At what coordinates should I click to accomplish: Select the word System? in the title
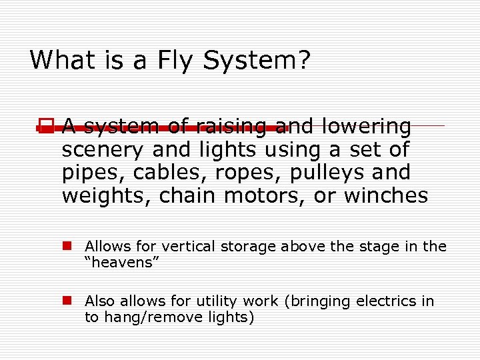pos(257,60)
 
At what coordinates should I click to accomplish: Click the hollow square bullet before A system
pos(45,125)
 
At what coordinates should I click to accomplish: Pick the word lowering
pos(366,126)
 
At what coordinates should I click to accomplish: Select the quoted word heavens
pos(119,263)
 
